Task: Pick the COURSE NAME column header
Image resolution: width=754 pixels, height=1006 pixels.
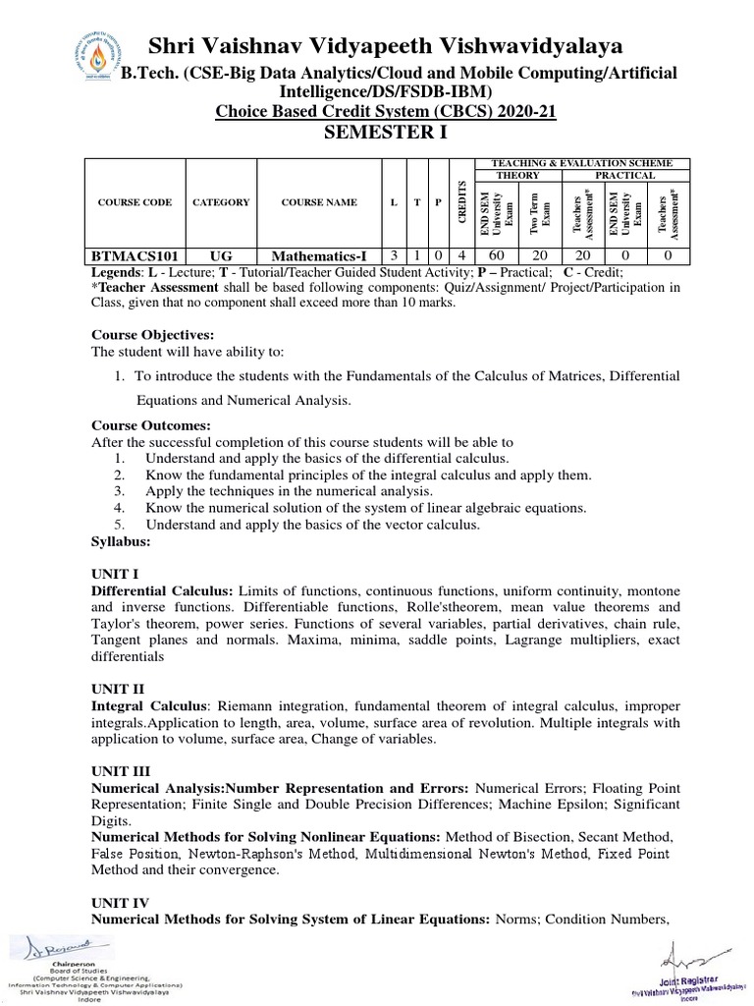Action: click(319, 202)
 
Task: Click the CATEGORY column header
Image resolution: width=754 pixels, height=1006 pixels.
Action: click(221, 202)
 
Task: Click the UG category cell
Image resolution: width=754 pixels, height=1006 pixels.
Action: click(221, 255)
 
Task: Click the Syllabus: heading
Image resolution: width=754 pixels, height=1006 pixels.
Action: click(121, 541)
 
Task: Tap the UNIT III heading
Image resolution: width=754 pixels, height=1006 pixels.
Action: click(122, 773)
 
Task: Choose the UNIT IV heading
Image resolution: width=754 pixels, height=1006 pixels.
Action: click(121, 901)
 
